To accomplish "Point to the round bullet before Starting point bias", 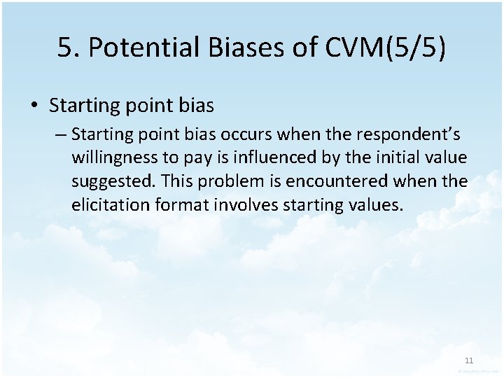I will click(x=34, y=106).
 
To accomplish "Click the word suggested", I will click(x=113, y=181).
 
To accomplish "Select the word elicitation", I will click(x=107, y=205).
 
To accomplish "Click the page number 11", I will click(x=469, y=360).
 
